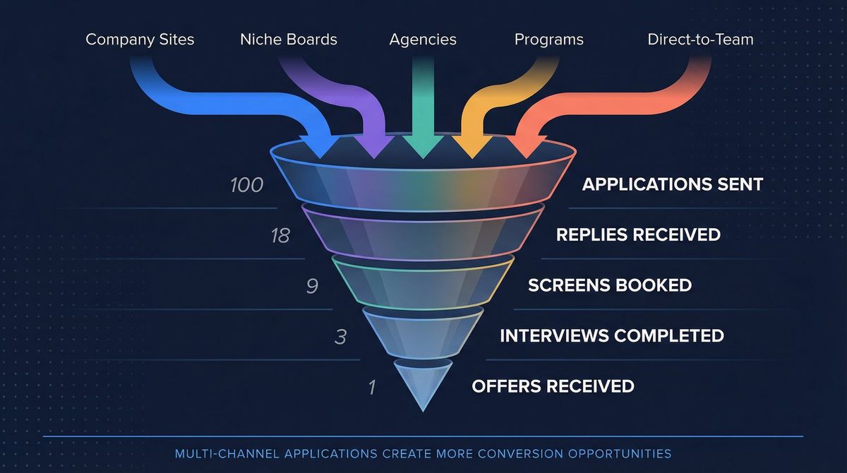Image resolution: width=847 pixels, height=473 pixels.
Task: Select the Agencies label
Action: point(423,40)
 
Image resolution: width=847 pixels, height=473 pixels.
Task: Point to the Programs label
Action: point(548,40)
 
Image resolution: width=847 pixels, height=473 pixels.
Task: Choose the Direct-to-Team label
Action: point(700,40)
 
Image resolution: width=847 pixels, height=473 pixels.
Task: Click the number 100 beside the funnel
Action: point(246,185)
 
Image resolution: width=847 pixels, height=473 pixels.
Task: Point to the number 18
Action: point(280,236)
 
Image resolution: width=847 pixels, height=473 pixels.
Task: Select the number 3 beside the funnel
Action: point(340,337)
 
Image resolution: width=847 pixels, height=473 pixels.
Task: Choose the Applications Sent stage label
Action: point(672,185)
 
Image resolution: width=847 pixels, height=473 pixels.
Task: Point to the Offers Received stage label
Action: point(553,386)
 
